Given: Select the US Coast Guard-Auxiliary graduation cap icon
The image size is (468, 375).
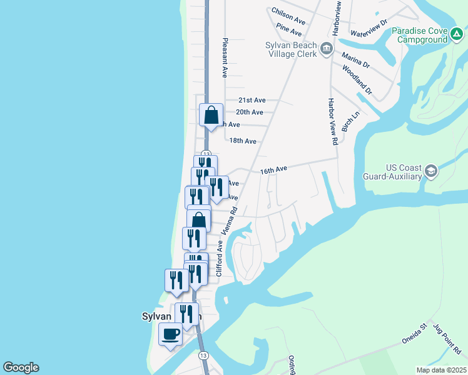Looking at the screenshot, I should click(x=430, y=171).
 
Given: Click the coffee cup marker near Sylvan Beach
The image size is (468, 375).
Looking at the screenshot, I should click(x=170, y=334).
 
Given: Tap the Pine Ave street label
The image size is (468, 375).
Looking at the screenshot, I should click(x=288, y=29).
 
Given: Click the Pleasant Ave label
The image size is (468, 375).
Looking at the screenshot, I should click(x=223, y=57).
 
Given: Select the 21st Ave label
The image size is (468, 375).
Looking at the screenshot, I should click(x=252, y=100).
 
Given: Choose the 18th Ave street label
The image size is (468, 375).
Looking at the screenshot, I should click(x=243, y=141).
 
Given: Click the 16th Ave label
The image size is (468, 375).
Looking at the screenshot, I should click(x=273, y=169).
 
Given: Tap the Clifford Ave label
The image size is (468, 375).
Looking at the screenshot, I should click(x=220, y=259).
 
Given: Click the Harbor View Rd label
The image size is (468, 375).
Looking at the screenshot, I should click(x=332, y=121).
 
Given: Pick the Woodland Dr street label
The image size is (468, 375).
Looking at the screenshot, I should click(x=358, y=81).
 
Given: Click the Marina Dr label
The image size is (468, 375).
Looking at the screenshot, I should click(x=355, y=60).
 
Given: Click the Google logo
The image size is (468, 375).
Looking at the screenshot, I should click(x=21, y=367).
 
